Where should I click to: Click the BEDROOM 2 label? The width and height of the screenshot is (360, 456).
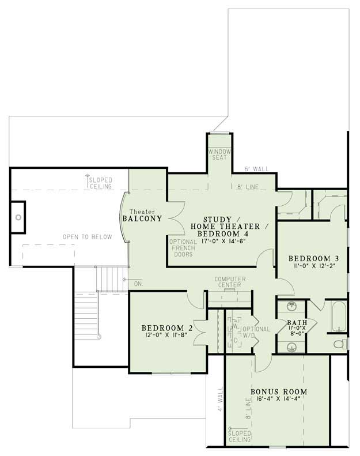(x=163, y=328)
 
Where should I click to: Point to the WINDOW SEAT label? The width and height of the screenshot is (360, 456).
(x=219, y=154)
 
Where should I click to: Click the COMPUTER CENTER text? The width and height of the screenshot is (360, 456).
(x=230, y=282)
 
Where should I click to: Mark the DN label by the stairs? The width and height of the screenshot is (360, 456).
(x=137, y=284)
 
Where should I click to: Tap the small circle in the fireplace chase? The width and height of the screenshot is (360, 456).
(x=18, y=217)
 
